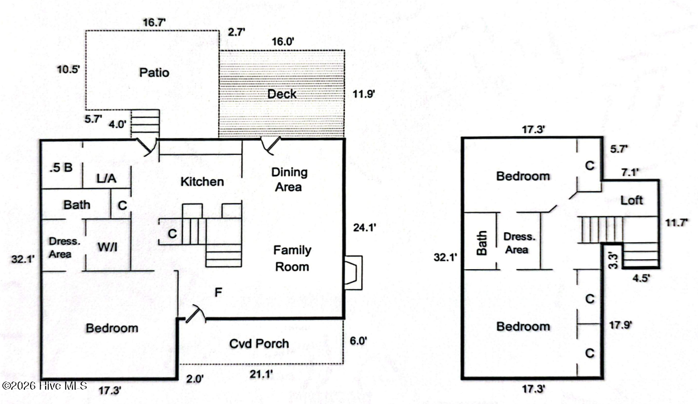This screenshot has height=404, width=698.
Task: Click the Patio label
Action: (x=154, y=72)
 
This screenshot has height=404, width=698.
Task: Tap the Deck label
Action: (x=282, y=94)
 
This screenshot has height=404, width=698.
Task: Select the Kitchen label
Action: (x=202, y=182)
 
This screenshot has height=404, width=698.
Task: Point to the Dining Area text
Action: (x=289, y=179)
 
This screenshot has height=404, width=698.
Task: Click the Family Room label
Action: (x=292, y=258)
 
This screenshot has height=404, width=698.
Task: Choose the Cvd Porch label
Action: (x=259, y=343)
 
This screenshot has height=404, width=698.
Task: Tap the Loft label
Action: (x=632, y=200)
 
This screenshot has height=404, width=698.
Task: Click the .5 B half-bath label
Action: (x=61, y=168)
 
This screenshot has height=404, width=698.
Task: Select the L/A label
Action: (x=106, y=179)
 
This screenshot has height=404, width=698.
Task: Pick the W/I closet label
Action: (x=107, y=247)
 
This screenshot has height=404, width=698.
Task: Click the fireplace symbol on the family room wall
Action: (x=354, y=272)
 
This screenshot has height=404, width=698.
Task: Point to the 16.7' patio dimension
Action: (x=154, y=22)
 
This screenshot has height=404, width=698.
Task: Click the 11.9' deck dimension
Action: (x=364, y=94)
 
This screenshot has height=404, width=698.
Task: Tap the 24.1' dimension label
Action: (x=364, y=227)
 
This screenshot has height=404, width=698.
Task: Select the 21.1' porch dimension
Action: (x=261, y=374)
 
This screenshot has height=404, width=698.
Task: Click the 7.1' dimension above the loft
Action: (x=631, y=172)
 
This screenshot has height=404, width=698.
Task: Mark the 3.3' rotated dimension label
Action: (x=613, y=260)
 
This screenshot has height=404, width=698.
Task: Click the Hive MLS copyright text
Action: (x=44, y=386)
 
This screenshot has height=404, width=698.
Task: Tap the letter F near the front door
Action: (x=218, y=292)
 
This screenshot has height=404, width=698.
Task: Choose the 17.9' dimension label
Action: (x=620, y=325)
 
